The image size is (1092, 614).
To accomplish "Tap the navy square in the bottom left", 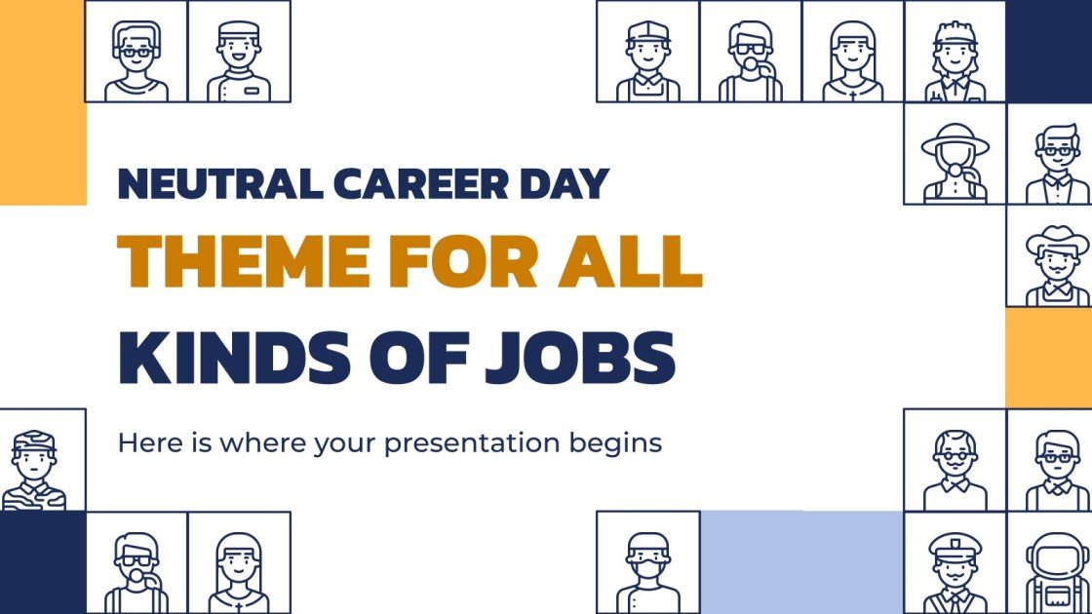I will click(x=43, y=562).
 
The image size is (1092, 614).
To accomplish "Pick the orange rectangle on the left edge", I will click(x=43, y=102).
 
